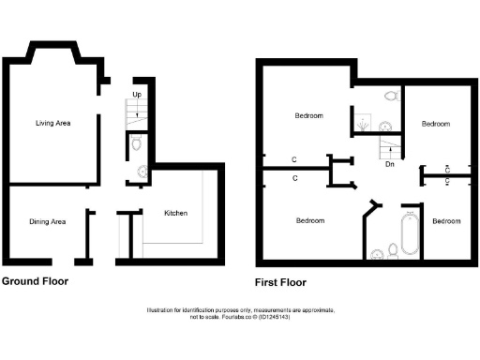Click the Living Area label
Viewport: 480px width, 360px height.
[x=53, y=123]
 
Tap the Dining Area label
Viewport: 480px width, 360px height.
[x=47, y=222]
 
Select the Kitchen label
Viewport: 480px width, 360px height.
[x=176, y=214]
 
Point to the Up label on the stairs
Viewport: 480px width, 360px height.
[x=137, y=96]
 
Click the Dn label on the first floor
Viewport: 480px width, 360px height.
[x=389, y=164]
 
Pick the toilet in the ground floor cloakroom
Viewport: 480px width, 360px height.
[x=137, y=143]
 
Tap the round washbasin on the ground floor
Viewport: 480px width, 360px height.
[x=142, y=171]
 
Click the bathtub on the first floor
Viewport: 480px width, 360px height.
[x=411, y=234]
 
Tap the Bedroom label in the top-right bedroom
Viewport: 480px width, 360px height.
[x=435, y=124]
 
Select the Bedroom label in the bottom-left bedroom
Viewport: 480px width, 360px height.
[x=310, y=221]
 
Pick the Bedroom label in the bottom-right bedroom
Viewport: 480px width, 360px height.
[x=446, y=221]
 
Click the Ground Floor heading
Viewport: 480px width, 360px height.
[x=35, y=280]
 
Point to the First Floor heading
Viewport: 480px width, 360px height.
[x=280, y=281]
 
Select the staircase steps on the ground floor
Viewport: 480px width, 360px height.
[x=137, y=114]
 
